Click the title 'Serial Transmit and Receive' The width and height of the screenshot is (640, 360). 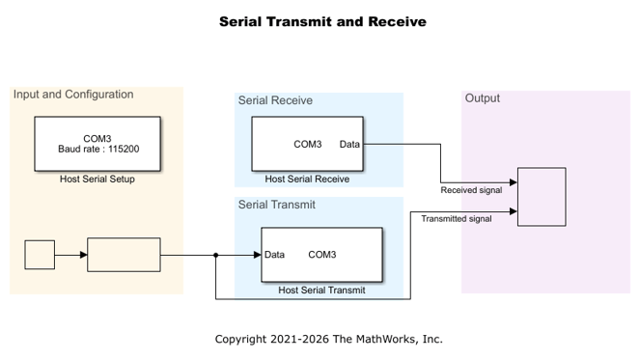click(x=322, y=21)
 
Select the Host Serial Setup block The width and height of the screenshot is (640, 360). click(x=97, y=144)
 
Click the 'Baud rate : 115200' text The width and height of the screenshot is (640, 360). click(x=98, y=149)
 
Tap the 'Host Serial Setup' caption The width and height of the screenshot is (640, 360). click(x=97, y=179)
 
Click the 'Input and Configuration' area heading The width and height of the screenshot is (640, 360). click(x=73, y=95)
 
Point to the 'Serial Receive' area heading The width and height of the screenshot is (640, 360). click(x=275, y=100)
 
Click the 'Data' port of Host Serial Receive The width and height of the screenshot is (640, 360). click(x=349, y=144)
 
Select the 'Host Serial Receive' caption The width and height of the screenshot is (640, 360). click(x=307, y=179)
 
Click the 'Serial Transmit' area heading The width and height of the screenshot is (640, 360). click(x=277, y=205)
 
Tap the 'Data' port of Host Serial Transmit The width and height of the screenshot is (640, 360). click(x=274, y=255)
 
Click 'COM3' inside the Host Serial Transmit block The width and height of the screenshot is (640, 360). click(x=322, y=255)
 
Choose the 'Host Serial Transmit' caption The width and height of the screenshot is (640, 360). click(x=321, y=291)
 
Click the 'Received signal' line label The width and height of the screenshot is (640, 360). click(x=471, y=190)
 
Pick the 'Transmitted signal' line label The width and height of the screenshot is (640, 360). click(x=457, y=219)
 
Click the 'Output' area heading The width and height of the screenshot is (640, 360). click(x=483, y=98)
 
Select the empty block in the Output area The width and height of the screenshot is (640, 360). click(x=542, y=197)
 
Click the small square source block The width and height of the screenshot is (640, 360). click(x=40, y=255)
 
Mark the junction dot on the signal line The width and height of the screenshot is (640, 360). click(x=216, y=255)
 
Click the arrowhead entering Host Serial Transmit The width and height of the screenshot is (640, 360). click(x=257, y=255)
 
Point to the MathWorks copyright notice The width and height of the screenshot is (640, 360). click(x=328, y=339)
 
